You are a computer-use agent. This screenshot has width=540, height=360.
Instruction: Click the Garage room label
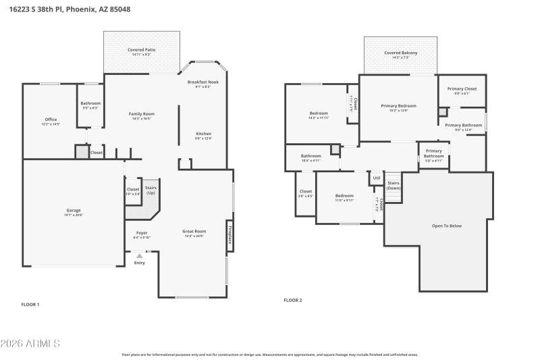(73, 210)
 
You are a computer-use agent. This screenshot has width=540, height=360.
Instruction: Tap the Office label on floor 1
(51, 120)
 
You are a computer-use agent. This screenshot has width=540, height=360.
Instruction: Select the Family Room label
(142, 113)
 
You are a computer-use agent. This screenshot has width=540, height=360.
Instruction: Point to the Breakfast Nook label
(203, 82)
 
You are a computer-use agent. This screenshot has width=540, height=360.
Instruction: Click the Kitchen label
(203, 134)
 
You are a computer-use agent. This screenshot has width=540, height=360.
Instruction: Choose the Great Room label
(194, 231)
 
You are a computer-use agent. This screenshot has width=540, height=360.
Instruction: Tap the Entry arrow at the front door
(140, 256)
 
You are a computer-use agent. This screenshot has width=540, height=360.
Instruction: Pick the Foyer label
(142, 232)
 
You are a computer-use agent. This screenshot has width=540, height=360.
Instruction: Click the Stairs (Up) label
(151, 190)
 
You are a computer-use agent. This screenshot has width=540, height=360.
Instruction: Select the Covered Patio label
(142, 50)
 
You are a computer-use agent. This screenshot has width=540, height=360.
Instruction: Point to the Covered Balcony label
(401, 53)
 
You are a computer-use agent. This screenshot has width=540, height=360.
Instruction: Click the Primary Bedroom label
(398, 105)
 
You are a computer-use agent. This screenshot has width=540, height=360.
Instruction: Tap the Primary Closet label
(462, 88)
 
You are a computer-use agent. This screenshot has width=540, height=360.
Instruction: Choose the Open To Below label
(447, 226)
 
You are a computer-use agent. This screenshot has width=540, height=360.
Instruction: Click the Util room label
(376, 178)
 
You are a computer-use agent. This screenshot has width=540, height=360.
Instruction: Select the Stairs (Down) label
(393, 185)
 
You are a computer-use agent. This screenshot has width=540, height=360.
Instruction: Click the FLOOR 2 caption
(293, 300)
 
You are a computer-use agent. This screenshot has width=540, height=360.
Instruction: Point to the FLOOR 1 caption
(30, 305)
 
